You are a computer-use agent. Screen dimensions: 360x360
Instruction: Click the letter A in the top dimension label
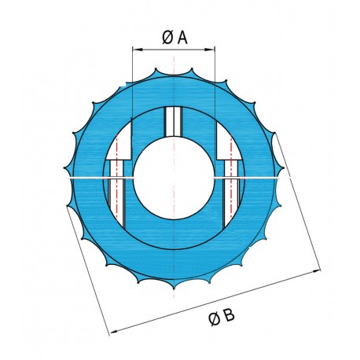(x=181, y=37)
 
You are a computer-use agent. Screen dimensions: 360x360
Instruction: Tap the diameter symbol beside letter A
(x=167, y=37)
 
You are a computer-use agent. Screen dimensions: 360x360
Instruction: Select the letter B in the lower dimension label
(x=229, y=318)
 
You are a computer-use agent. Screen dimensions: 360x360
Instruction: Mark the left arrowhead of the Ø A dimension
(x=135, y=50)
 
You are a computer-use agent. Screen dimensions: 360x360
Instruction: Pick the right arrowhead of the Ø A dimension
(x=211, y=50)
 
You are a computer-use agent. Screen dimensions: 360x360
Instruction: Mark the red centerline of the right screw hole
(x=229, y=197)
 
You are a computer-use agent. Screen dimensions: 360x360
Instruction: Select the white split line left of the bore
(x=98, y=178)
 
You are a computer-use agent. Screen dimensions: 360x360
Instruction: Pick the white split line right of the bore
(x=248, y=178)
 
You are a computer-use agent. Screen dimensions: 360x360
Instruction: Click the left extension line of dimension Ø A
(x=131, y=86)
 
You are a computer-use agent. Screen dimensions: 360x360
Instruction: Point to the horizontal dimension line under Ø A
(x=173, y=50)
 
